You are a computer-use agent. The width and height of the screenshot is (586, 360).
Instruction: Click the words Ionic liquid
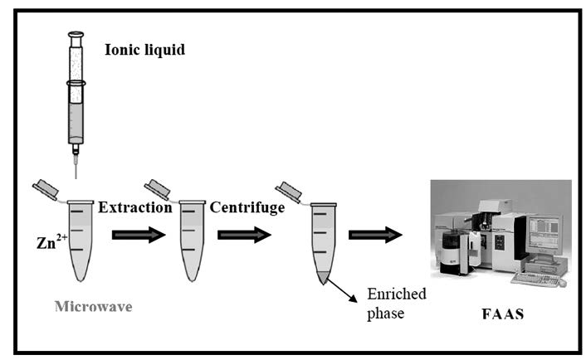(144, 50)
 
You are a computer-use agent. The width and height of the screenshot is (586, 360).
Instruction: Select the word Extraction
(135, 207)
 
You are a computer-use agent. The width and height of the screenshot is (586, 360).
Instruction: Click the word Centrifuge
(247, 207)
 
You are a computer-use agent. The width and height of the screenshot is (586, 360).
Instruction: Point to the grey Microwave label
(94, 307)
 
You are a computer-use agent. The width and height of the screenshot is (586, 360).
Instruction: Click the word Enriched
(397, 294)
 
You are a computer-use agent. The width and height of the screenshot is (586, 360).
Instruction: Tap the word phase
(385, 314)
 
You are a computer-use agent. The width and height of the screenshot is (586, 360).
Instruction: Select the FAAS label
(503, 314)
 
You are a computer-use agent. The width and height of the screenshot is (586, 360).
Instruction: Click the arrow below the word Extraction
(139, 235)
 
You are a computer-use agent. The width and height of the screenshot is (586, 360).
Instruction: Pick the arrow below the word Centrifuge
(244, 235)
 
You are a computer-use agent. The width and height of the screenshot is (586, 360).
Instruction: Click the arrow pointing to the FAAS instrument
(375, 235)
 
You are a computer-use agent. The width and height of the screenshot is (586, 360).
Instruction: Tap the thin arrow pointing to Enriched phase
(342, 289)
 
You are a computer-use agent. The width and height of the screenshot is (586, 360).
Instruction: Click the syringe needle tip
(76, 178)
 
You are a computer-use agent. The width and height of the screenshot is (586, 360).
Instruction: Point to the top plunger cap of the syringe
(76, 34)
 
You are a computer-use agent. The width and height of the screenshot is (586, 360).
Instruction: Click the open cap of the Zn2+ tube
(46, 190)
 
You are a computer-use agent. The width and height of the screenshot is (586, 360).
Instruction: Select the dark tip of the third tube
(323, 278)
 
